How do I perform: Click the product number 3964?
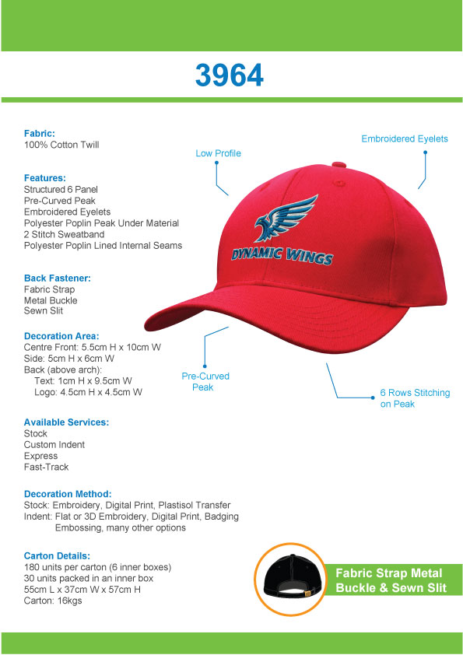click(x=230, y=75)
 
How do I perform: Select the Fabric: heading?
click(x=40, y=134)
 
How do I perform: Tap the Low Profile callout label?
click(x=218, y=153)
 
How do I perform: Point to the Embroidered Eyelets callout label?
click(x=405, y=138)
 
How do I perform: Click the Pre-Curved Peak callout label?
click(x=205, y=381)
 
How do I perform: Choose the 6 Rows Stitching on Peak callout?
click(x=415, y=398)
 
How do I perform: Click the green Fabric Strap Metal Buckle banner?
click(x=391, y=580)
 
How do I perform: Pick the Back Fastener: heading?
click(x=58, y=278)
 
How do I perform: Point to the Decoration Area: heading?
click(x=61, y=336)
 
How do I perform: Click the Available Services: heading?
click(x=66, y=422)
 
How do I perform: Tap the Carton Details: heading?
click(x=58, y=556)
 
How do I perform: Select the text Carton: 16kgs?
click(x=54, y=601)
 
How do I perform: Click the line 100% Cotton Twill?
click(x=61, y=145)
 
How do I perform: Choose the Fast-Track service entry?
click(x=47, y=467)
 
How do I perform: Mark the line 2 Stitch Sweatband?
click(x=70, y=234)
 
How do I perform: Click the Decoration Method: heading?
click(x=68, y=494)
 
